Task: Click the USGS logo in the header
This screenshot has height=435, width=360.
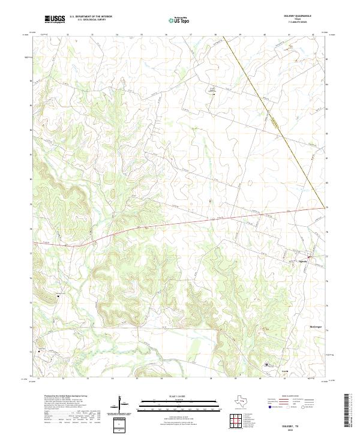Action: point(55,20)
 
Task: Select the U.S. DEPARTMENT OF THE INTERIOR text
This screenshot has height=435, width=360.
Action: point(91,17)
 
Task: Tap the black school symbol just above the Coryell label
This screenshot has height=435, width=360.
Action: point(268,364)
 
